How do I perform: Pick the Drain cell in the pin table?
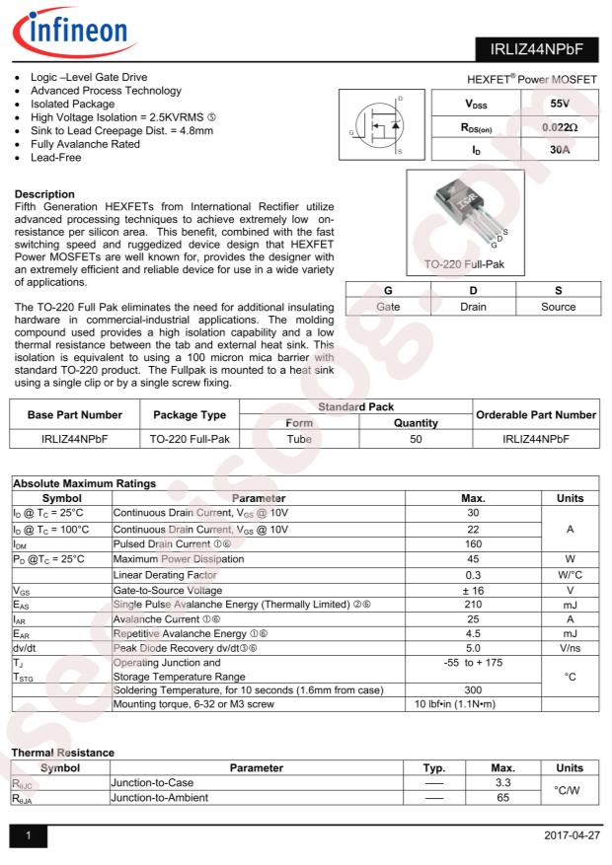[474, 307]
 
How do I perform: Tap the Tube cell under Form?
[299, 439]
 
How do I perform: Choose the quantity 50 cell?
[416, 439]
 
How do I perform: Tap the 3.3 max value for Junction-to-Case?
[501, 782]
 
